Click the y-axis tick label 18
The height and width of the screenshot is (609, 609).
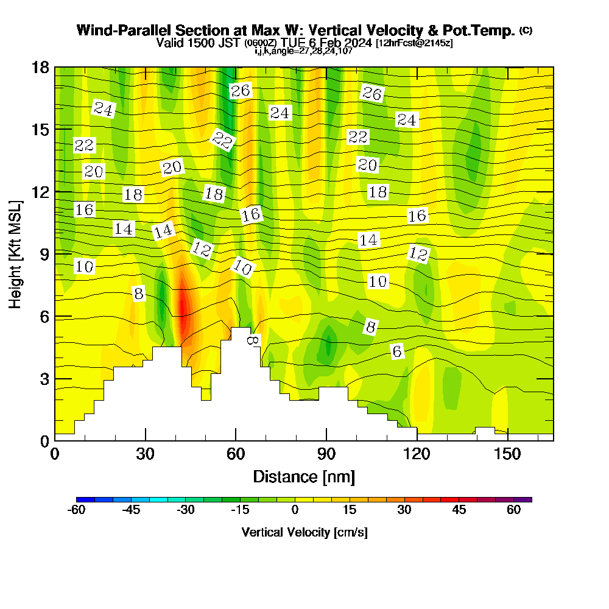tap(40, 67)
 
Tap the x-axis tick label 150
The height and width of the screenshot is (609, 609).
tap(507, 454)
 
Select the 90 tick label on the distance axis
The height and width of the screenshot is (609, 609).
tap(326, 454)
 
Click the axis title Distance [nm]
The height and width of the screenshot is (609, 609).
tap(304, 476)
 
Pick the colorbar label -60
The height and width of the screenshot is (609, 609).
tap(76, 510)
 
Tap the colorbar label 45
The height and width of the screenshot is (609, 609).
tap(459, 510)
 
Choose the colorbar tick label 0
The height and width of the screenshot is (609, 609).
tap(295, 510)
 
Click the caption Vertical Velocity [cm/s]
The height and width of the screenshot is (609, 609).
tap(304, 532)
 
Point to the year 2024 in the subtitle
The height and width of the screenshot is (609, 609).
tap(358, 43)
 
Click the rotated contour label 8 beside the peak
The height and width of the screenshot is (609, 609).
tap(252, 340)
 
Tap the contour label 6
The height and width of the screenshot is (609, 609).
tap(397, 351)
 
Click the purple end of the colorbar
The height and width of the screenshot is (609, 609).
tap(527, 499)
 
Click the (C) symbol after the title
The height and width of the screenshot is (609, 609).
tap(526, 30)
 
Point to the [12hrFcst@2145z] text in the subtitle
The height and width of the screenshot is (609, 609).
tap(414, 43)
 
